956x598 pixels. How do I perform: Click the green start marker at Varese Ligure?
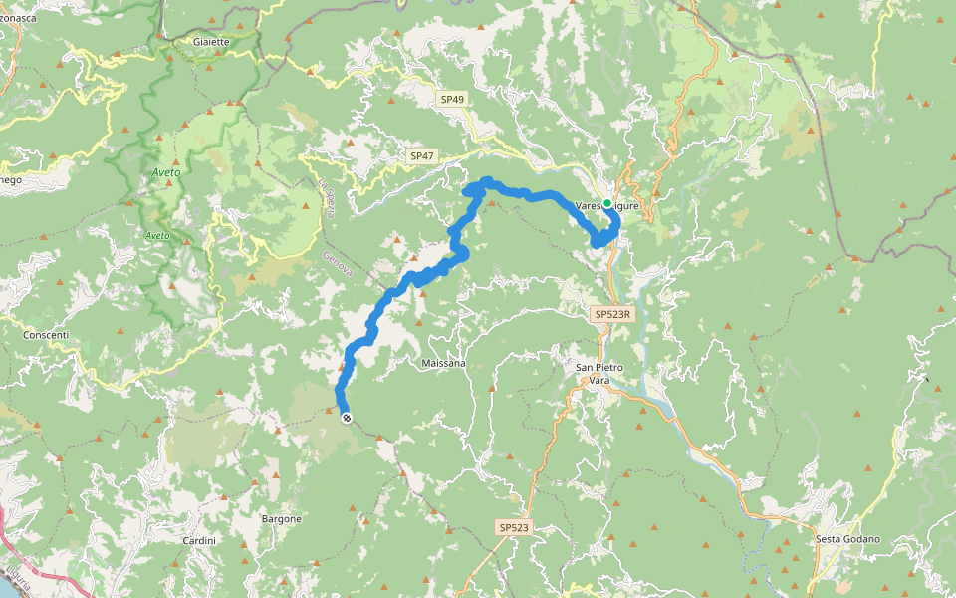(x=607, y=203)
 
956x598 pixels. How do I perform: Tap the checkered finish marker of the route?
(x=346, y=418)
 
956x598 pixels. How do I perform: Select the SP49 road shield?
(x=451, y=99)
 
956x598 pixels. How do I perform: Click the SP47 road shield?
(x=421, y=156)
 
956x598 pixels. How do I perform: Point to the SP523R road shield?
(x=612, y=314)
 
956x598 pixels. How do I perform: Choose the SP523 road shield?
(x=513, y=527)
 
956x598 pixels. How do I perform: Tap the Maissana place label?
(x=444, y=363)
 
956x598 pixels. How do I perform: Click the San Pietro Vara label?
(x=599, y=374)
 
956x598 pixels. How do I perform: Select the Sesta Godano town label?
(x=847, y=539)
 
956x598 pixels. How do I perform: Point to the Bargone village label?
(x=281, y=519)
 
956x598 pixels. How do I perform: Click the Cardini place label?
(x=199, y=540)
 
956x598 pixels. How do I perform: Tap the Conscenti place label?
(x=46, y=335)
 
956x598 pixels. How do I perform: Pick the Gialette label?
(x=212, y=42)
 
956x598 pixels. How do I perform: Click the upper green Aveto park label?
(x=165, y=172)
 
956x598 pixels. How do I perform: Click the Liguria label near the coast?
(x=19, y=580)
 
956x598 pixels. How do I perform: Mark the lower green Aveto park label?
(x=157, y=236)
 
